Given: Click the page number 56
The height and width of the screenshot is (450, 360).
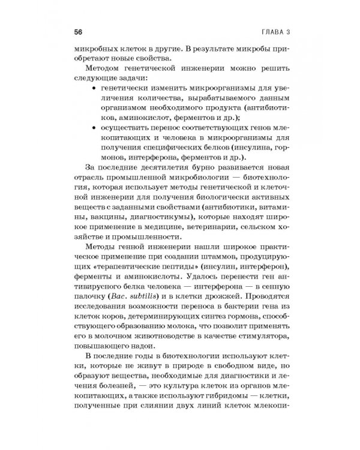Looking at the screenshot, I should (x=79, y=31).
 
